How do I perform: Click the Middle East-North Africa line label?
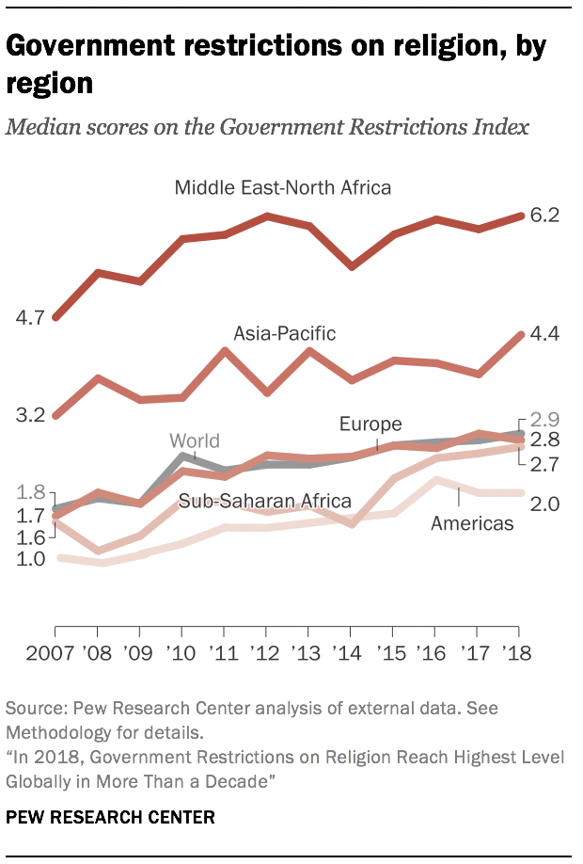[282, 187]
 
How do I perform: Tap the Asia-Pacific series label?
[285, 333]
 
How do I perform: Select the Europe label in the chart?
[370, 424]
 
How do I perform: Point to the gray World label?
[195, 440]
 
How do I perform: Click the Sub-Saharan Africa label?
[265, 501]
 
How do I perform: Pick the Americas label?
[472, 523]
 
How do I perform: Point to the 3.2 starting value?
[31, 415]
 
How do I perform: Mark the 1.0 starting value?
[31, 559]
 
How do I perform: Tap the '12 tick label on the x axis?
[268, 652]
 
